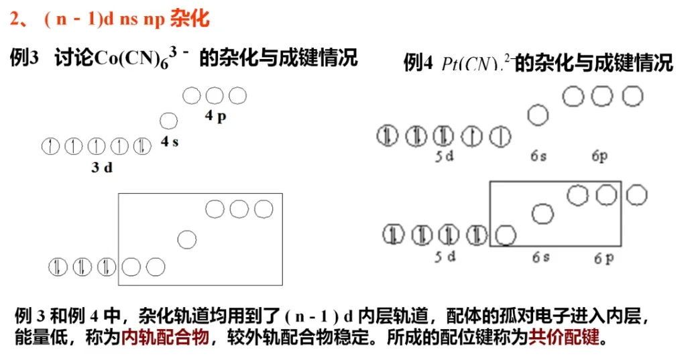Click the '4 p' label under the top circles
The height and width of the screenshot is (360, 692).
216,115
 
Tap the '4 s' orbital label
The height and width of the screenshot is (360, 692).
170,141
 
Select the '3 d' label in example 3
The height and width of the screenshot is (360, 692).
102,168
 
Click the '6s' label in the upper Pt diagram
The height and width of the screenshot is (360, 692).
538,156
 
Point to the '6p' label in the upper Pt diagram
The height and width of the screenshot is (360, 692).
599,156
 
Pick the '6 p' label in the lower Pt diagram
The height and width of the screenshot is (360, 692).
603,258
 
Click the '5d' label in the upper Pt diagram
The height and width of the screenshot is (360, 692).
443,156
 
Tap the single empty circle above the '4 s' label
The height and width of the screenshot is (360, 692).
169,121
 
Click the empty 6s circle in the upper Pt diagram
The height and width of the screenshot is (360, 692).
538,116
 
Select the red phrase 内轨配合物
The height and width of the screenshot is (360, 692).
165,337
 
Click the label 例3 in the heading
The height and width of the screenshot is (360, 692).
25,58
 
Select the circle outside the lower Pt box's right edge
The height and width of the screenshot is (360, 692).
637,195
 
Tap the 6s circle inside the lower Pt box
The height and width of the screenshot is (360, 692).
543,215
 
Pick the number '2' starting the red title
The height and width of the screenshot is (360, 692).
15,19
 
